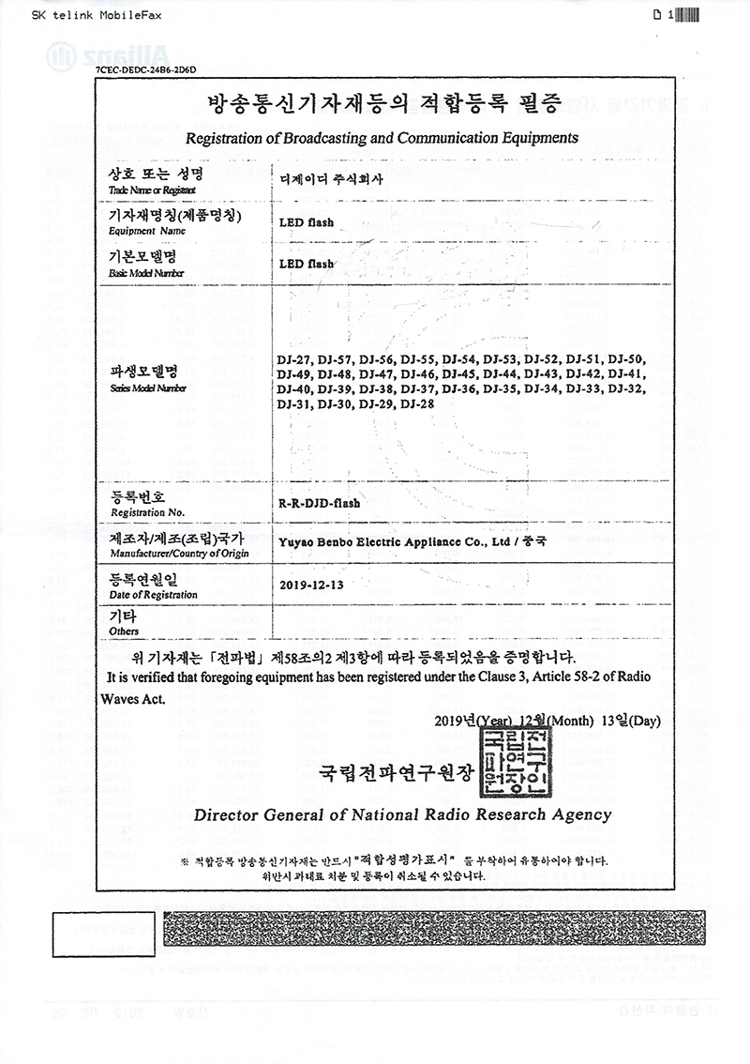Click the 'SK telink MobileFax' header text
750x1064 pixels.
coord(85,15)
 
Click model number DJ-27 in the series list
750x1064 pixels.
coord(293,359)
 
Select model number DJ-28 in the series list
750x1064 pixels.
coord(418,404)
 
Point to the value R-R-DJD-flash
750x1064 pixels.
coord(320,503)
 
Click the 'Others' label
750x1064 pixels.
coord(124,631)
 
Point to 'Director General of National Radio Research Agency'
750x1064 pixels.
coord(402,814)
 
